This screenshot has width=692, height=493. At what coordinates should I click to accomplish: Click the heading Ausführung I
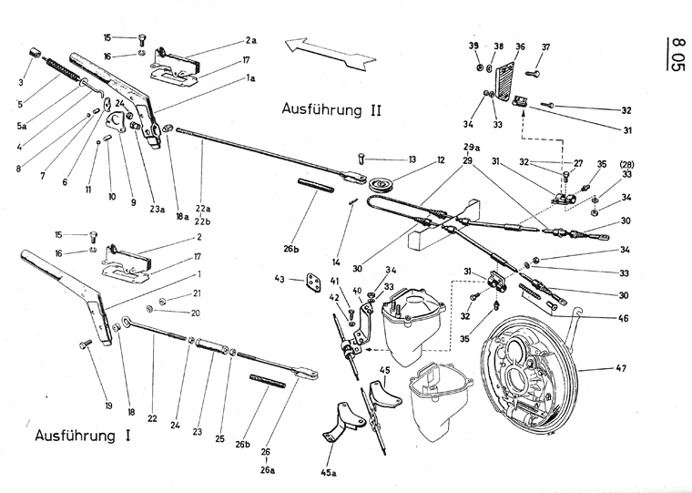pyautogui.click(x=81, y=436)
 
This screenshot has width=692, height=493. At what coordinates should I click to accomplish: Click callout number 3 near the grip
pyautogui.click(x=22, y=83)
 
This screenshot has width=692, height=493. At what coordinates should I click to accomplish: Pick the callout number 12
pyautogui.click(x=440, y=160)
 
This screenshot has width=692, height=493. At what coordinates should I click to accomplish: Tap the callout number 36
pyautogui.click(x=520, y=47)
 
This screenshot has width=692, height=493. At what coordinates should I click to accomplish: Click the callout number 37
pyautogui.click(x=545, y=47)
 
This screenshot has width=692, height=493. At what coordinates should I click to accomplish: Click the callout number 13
pyautogui.click(x=412, y=159)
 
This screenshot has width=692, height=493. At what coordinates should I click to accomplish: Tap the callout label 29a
pyautogui.click(x=472, y=147)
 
